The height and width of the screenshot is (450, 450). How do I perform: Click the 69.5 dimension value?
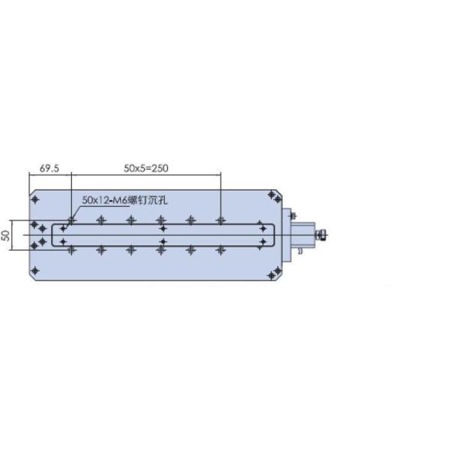pyautogui.click(x=49, y=168)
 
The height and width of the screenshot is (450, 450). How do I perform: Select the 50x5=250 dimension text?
pyautogui.click(x=146, y=168)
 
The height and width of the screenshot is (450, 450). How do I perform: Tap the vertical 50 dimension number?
pyautogui.click(x=6, y=235)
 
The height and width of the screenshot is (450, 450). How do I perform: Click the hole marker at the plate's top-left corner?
pyautogui.click(x=35, y=199)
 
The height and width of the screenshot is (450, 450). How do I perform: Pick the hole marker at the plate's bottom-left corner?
pyautogui.click(x=35, y=270)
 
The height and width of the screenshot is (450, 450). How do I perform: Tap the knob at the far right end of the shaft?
pyautogui.click(x=322, y=235)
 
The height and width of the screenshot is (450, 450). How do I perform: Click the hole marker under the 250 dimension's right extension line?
pyautogui.click(x=220, y=220)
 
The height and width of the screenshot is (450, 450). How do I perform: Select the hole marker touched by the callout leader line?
pyautogui.click(x=71, y=220)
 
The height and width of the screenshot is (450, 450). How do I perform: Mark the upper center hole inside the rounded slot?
pyautogui.click(x=163, y=229)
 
